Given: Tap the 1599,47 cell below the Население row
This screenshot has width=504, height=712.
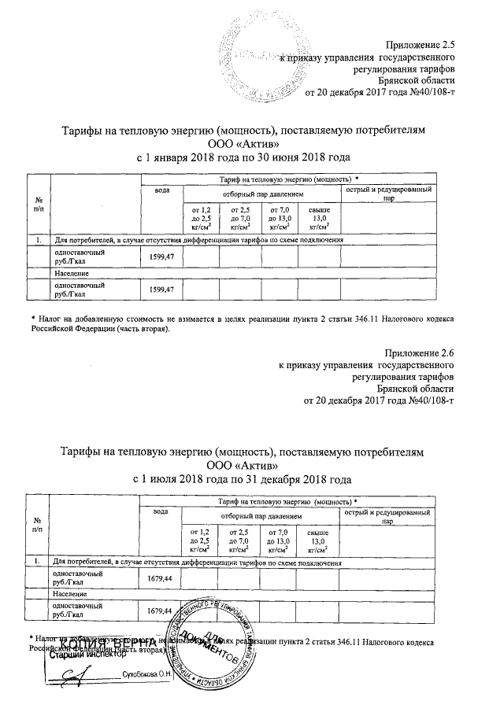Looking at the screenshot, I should tap(166, 290).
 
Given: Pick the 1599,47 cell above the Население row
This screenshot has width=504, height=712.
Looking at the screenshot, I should tap(166, 256).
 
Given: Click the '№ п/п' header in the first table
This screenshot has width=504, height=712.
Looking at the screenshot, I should tap(38, 205).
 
